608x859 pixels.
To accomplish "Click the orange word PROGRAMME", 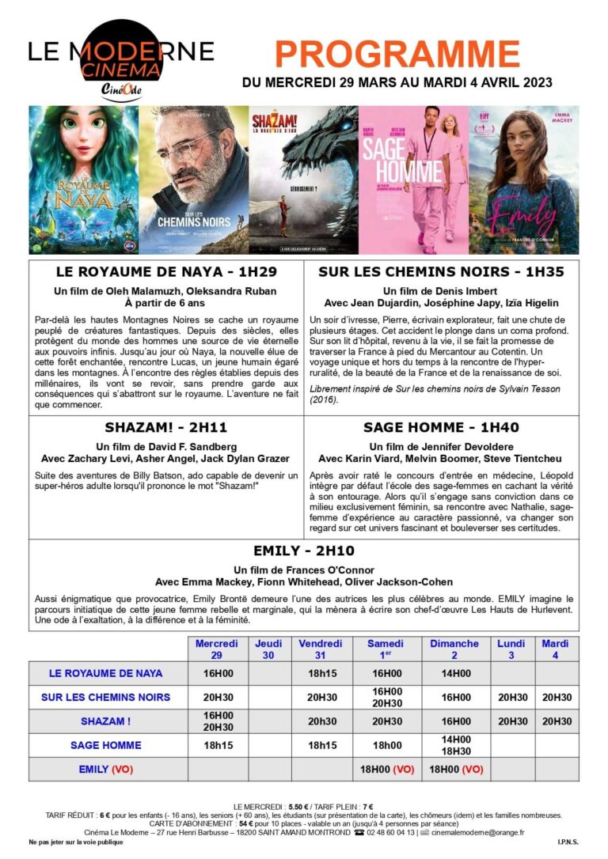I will [397, 54].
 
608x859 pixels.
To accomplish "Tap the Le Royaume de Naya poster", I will [83, 180].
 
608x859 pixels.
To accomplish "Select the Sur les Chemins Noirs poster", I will [193, 180].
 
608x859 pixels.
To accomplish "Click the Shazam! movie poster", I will [303, 180].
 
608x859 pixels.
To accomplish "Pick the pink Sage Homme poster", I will [413, 180].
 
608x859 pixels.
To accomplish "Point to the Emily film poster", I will [523, 180].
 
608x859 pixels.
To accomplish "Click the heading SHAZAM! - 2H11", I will [166, 427].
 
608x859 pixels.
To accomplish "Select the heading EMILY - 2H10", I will [304, 551].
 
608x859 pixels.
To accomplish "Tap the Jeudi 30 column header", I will [268, 649].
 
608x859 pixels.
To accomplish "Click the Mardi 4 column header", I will [555, 649].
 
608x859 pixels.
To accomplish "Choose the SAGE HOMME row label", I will [105, 745].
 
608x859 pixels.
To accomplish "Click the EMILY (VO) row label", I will [105, 769].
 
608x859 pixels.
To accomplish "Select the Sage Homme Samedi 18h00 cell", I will [386, 745].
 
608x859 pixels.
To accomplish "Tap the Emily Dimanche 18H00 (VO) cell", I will [455, 769].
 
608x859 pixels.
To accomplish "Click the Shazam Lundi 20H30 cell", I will [511, 721].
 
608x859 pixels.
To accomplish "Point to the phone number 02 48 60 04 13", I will [387, 832].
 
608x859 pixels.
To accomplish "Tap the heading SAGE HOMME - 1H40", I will [441, 427].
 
